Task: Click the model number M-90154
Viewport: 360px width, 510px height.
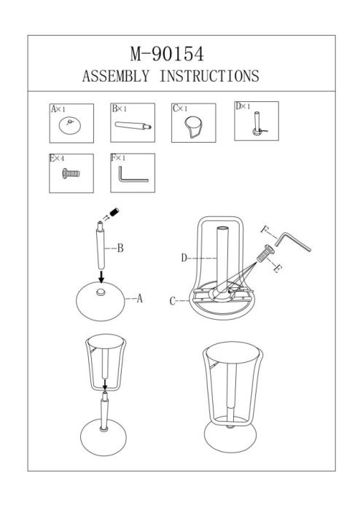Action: tap(167, 54)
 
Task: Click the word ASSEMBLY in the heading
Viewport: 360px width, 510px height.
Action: tap(116, 76)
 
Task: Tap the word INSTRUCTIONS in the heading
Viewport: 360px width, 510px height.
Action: tap(209, 76)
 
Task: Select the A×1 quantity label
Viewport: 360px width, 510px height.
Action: tap(58, 109)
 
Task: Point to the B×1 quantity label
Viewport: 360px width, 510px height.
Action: tap(120, 109)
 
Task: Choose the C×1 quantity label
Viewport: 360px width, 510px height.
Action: tap(180, 109)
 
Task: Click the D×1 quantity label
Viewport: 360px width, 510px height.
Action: tap(243, 106)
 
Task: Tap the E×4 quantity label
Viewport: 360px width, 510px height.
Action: tap(58, 158)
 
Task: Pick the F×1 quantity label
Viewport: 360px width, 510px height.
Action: tap(118, 158)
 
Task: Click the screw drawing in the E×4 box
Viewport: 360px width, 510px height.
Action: tap(71, 173)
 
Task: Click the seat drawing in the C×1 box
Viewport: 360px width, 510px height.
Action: tap(194, 127)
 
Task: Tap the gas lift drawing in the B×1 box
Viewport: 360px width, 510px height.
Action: tap(133, 125)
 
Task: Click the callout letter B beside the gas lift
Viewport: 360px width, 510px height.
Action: tap(120, 248)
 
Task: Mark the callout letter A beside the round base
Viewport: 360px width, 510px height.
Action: tap(139, 298)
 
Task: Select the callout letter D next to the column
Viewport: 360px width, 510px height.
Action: tap(184, 258)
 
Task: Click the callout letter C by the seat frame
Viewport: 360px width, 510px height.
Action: tap(173, 301)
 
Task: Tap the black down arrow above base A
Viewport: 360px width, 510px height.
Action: tap(101, 276)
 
